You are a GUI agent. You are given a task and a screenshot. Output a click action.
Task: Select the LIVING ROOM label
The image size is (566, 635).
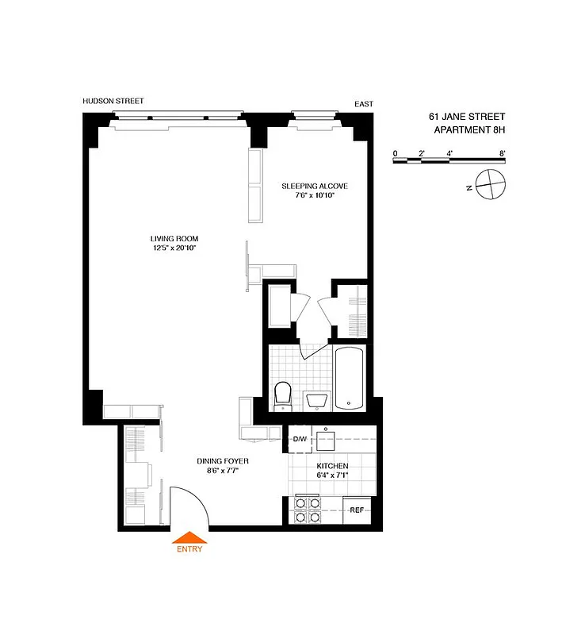coord(174,238)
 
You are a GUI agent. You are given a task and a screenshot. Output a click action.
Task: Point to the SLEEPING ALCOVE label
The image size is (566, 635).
coord(315,186)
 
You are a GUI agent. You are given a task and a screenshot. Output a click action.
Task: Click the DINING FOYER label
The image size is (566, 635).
coord(223,460)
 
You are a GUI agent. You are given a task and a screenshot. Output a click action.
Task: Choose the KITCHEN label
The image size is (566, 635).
coord(332,466)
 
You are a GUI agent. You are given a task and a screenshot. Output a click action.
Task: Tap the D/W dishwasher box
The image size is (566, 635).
coord(300,439)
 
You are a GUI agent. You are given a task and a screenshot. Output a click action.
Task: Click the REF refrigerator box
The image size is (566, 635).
coord(358,509)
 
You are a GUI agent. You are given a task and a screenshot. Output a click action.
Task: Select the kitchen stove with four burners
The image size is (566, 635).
coord(307,509)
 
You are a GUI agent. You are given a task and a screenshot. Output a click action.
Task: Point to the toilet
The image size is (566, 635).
coord(283,394)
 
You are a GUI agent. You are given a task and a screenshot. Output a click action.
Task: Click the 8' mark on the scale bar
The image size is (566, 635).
coord(503,152)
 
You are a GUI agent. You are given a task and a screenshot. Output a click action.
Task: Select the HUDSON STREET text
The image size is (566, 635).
coord(113,102)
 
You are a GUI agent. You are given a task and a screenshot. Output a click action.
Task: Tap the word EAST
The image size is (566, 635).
coord(364,104)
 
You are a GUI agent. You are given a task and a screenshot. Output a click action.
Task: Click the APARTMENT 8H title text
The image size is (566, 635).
coord(469,130)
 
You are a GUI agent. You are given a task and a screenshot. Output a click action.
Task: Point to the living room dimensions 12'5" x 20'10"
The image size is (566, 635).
coord(174,248)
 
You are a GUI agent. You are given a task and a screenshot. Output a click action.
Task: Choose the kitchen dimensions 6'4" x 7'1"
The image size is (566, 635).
coord(332,476)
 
